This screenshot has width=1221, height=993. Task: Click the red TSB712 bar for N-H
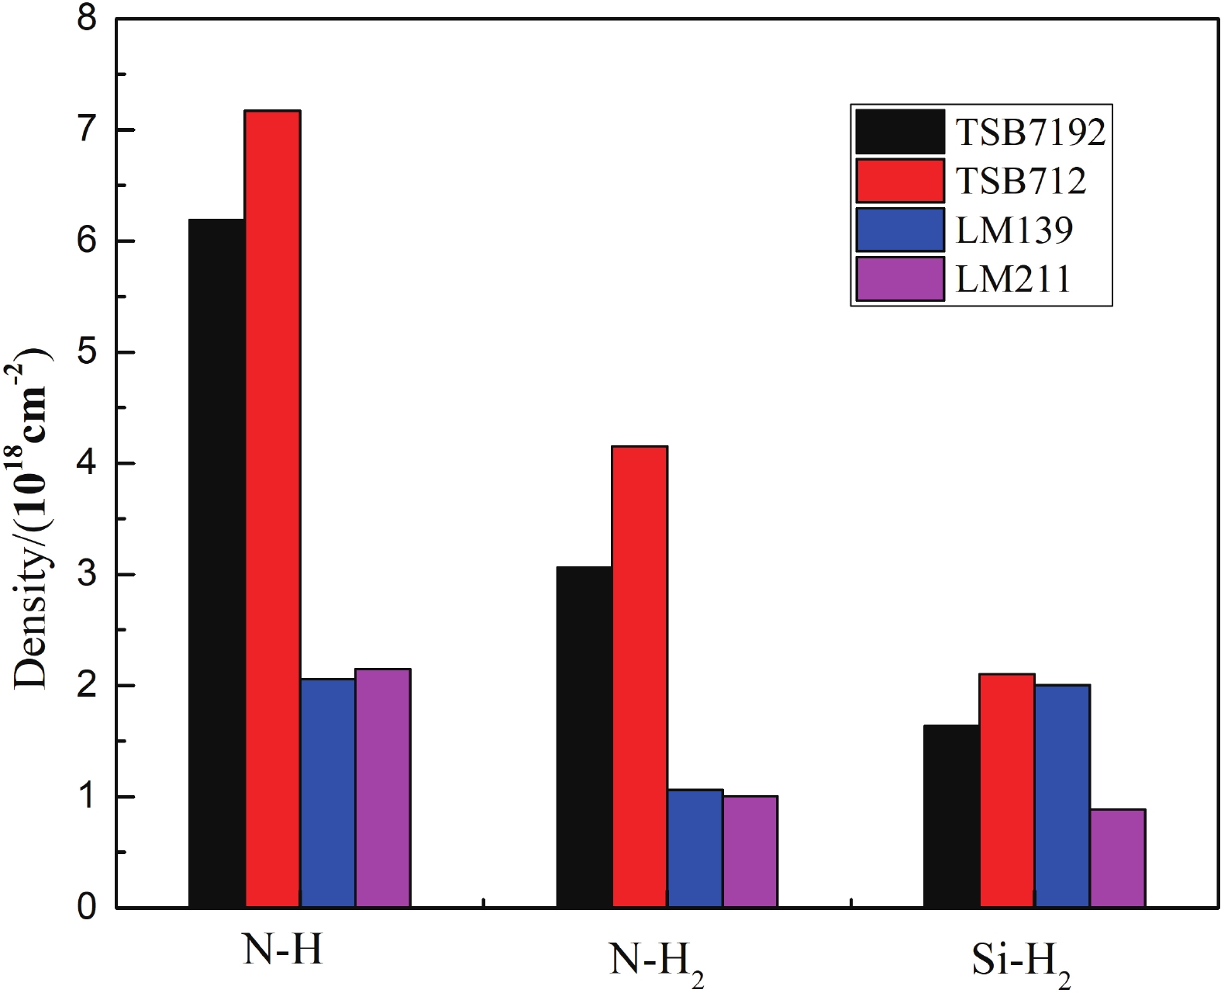coord(273,508)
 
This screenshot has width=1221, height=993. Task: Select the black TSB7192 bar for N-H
coord(217,563)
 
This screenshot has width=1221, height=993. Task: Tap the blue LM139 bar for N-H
coord(328,793)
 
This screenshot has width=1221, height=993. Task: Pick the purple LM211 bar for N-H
coord(383,788)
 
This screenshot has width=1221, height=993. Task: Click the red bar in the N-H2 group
coord(640,676)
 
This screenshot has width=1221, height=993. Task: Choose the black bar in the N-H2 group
coord(585,737)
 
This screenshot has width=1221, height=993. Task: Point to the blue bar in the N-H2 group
coord(695,849)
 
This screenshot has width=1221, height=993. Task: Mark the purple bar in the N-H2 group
coord(750,852)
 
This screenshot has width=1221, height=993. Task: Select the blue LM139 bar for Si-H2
coord(1062,796)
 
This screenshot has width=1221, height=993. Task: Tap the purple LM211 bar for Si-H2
coord(1118,858)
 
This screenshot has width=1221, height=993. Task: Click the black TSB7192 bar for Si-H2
coord(951,816)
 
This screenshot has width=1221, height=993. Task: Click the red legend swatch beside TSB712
coord(900,181)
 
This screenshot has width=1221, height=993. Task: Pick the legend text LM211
coord(1013,279)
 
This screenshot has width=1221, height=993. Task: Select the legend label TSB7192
coord(1030,132)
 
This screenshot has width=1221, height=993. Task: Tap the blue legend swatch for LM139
coord(900,230)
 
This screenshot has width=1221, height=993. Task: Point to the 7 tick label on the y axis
coord(87,130)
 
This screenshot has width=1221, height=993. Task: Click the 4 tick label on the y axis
coord(87,463)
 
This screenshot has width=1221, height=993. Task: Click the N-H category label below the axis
coord(283,948)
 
